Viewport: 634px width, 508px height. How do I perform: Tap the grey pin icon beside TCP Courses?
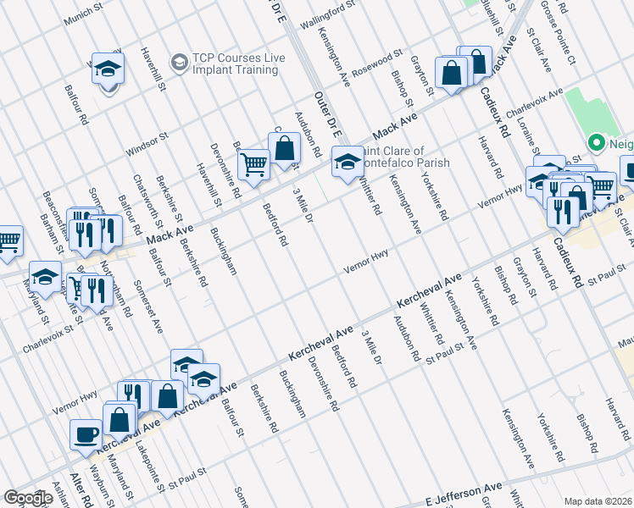[x=179, y=62]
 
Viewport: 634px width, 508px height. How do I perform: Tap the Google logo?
[x=28, y=498]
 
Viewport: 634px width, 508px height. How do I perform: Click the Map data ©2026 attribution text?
[x=598, y=501]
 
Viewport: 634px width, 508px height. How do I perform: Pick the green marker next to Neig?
[x=595, y=144]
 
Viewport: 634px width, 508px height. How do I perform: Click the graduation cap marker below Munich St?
[x=108, y=68]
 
